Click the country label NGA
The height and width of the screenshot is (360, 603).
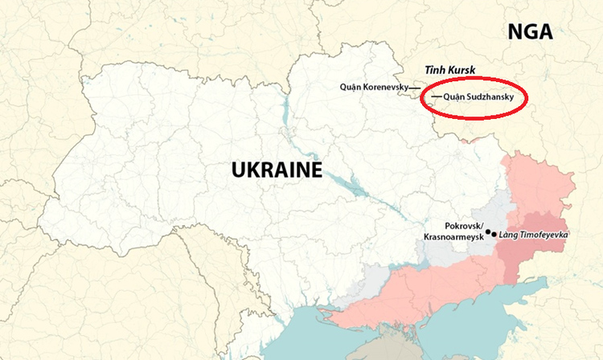530,31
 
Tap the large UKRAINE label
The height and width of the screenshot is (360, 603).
276,170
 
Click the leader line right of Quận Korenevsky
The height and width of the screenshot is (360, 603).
413,86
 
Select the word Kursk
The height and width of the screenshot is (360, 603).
467,70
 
